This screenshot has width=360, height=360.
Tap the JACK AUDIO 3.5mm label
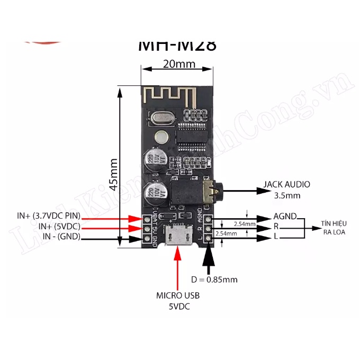(x=286, y=190)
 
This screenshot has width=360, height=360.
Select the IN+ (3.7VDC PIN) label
(x=48, y=215)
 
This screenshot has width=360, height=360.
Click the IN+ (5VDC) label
(x=59, y=227)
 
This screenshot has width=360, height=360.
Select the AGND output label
(x=285, y=217)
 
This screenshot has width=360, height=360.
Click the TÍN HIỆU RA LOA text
(x=333, y=228)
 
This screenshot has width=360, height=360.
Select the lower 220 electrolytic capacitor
(x=154, y=195)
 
